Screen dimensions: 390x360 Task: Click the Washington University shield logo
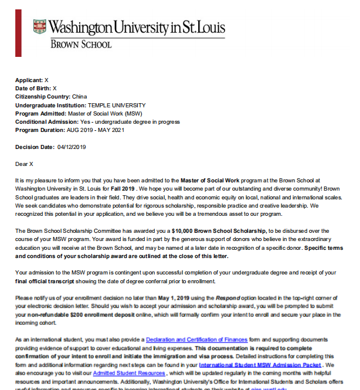(x=39, y=26)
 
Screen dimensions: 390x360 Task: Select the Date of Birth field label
(x=33, y=88)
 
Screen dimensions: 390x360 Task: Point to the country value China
(x=80, y=96)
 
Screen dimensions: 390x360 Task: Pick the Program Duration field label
(x=41, y=130)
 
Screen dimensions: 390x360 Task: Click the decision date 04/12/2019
(x=72, y=147)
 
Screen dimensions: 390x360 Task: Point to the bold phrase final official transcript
(x=53, y=281)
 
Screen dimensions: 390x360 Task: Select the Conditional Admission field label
(x=44, y=122)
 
